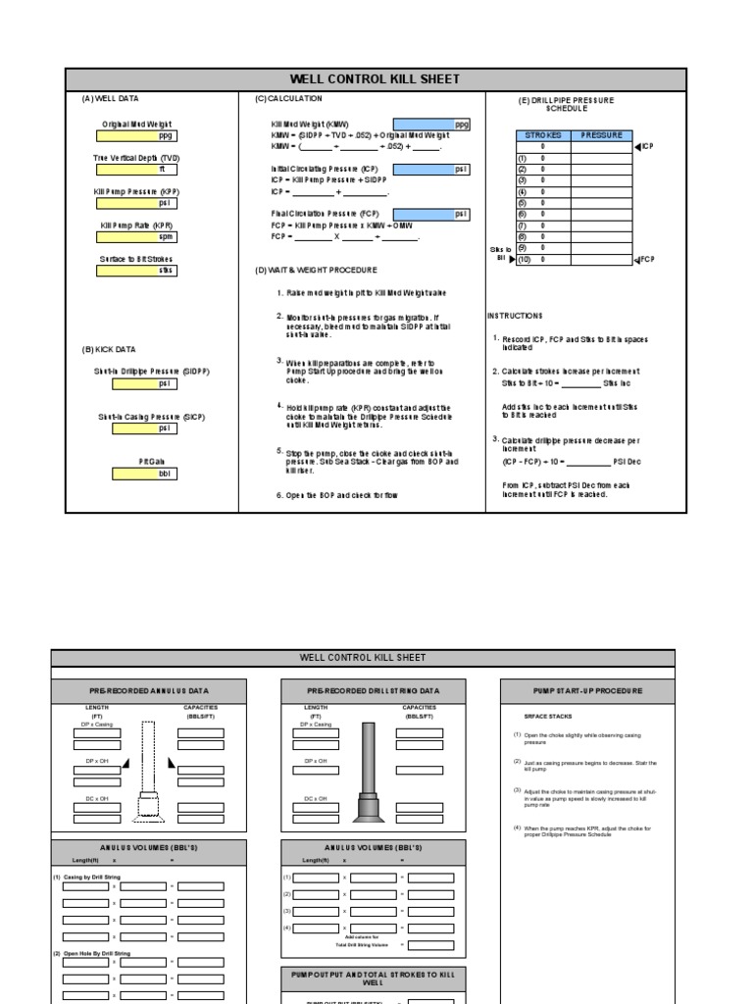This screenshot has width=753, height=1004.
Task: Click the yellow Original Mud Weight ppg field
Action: tap(136, 136)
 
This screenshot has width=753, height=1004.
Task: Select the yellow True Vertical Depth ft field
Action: tap(136, 170)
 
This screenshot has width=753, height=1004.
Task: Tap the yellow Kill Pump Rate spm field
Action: tap(136, 237)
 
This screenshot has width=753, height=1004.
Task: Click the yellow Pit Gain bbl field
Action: tap(136, 474)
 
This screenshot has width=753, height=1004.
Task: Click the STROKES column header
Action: tap(543, 135)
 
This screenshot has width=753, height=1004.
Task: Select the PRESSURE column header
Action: tap(602, 135)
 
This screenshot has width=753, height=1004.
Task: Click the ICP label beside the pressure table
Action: tap(646, 147)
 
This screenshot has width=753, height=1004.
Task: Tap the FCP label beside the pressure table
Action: tap(645, 260)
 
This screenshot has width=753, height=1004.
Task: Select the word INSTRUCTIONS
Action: tap(515, 316)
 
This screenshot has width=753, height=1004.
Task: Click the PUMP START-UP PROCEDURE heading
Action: tap(587, 691)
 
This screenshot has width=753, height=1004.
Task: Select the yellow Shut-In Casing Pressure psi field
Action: tap(136, 428)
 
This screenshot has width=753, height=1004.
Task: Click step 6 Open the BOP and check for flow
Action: tap(336, 495)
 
